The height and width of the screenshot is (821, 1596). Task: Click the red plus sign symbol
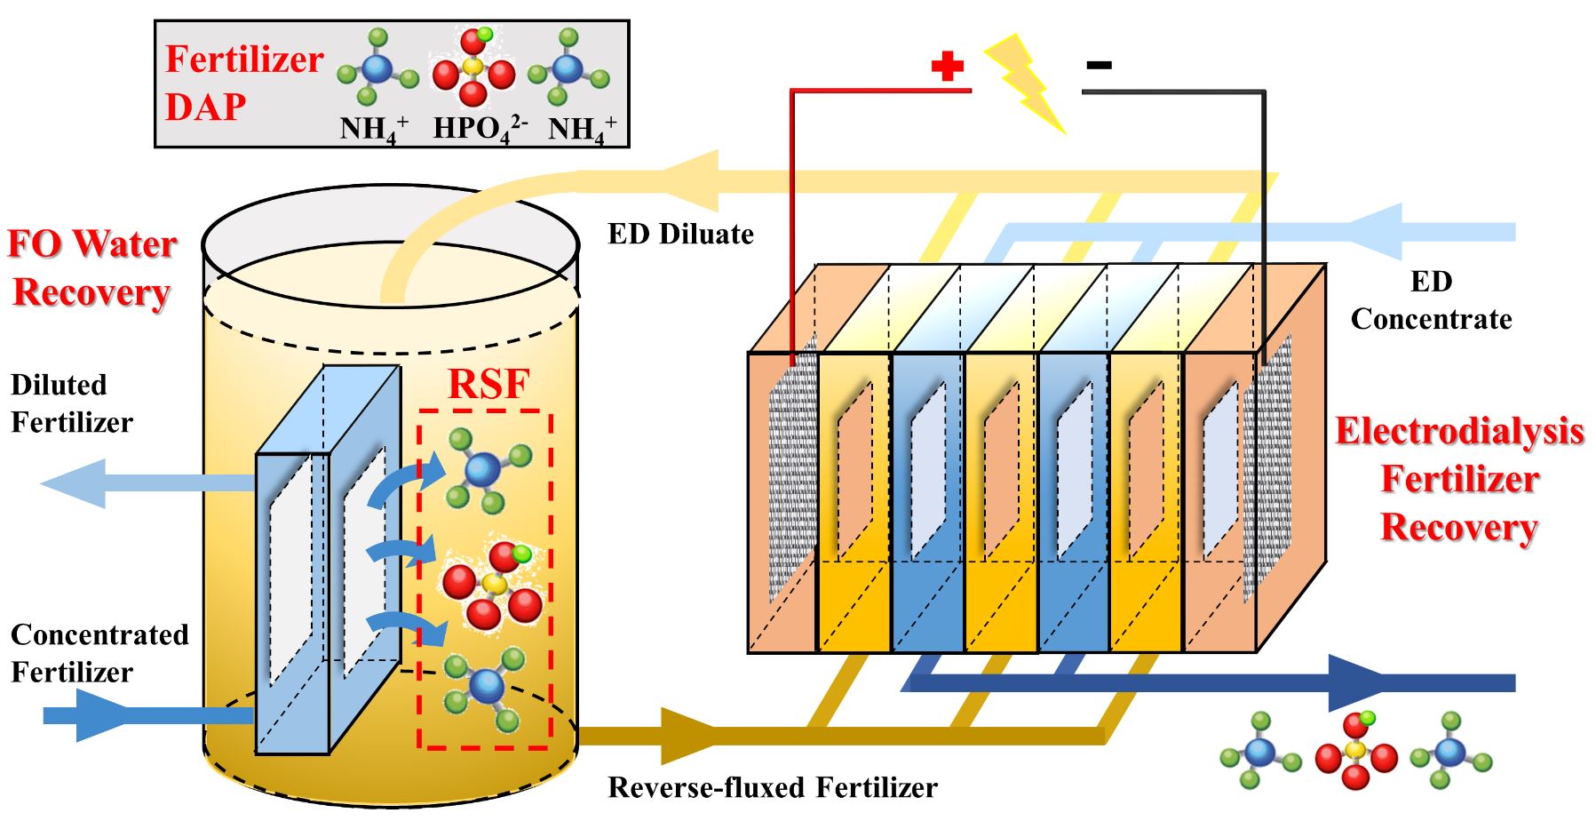tap(947, 66)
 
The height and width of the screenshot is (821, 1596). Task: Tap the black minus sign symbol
tap(1099, 64)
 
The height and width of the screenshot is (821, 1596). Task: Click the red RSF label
tap(488, 384)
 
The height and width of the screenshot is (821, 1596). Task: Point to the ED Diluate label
tap(680, 234)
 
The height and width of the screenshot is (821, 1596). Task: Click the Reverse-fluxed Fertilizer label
tap(772, 787)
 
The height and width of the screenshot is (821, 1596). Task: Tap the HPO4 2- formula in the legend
tap(479, 129)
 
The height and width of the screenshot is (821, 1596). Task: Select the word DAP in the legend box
tap(205, 107)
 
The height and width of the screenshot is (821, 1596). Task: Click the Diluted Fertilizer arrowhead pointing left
tap(75, 483)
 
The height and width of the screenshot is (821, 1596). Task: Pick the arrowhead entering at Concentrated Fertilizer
tap(97, 714)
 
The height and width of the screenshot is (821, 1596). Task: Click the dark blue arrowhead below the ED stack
tap(1359, 682)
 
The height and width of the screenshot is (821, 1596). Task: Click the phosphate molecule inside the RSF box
tap(491, 584)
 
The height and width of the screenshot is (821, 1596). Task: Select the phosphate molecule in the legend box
tap(473, 68)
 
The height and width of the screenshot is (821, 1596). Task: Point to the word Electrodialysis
tap(1459, 431)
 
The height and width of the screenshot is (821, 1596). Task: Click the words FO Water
tap(92, 243)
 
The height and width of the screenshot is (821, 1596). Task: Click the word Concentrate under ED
tap(1431, 319)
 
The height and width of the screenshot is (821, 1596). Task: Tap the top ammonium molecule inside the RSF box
tap(485, 468)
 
